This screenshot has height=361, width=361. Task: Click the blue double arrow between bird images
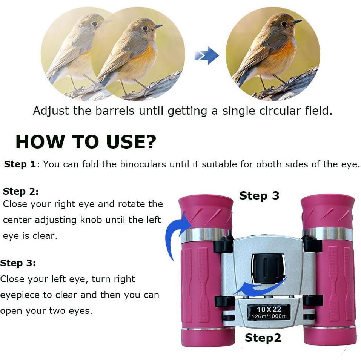coord(206,56)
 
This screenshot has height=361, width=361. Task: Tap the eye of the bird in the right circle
coord(284,24)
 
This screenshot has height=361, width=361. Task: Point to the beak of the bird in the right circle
coord(297,22)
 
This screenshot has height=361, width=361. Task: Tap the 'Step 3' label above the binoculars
coord(259,196)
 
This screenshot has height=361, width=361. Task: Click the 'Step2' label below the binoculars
coord(263,338)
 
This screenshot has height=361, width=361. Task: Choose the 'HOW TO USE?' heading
coord(86,142)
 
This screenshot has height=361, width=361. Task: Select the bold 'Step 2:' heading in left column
coord(21,191)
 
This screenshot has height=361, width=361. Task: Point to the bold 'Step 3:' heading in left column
coord(18,263)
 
